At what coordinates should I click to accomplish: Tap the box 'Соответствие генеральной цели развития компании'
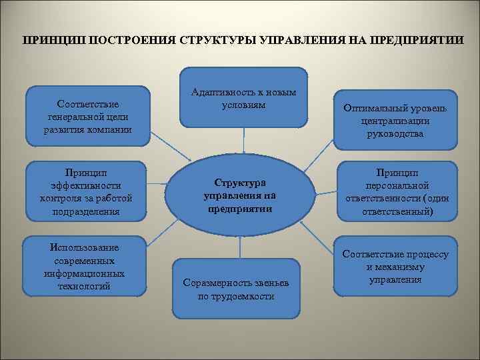pyautogui.click(x=87, y=116)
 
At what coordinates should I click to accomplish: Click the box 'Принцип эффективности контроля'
pyautogui.click(x=87, y=192)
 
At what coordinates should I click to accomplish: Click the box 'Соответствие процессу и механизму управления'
pyautogui.click(x=395, y=267)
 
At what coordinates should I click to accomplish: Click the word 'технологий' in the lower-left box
pyautogui.click(x=85, y=287)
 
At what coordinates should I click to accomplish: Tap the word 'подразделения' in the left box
pyautogui.click(x=87, y=211)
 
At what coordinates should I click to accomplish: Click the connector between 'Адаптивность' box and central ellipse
pyautogui.click(x=244, y=143)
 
